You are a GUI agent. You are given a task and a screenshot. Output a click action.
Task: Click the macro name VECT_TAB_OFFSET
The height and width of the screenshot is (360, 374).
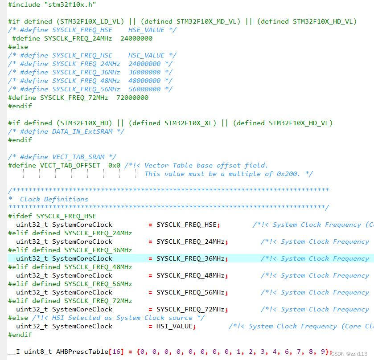point(70,165)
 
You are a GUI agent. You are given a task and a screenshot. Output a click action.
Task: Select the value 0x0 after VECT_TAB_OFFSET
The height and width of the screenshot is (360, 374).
point(114,165)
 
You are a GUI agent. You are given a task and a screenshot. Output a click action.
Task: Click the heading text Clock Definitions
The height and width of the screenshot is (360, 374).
point(54,199)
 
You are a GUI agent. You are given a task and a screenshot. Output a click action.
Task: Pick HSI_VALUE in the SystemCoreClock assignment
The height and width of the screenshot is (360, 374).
point(174,326)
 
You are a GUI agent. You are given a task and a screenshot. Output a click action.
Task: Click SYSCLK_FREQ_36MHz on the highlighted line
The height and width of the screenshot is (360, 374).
point(190,258)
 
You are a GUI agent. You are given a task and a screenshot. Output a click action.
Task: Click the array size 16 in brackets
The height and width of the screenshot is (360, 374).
point(115,352)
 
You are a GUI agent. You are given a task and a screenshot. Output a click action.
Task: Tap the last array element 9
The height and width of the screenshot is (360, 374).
point(323,352)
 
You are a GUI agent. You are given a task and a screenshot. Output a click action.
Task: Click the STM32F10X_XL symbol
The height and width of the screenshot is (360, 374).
point(194,123)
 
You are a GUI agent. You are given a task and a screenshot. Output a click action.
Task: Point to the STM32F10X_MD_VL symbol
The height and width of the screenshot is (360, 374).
point(208,21)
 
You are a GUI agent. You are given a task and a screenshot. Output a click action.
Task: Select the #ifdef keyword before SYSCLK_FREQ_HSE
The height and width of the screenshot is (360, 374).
point(20,216)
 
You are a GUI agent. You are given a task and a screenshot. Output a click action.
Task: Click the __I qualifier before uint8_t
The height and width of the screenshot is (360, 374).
point(14,352)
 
